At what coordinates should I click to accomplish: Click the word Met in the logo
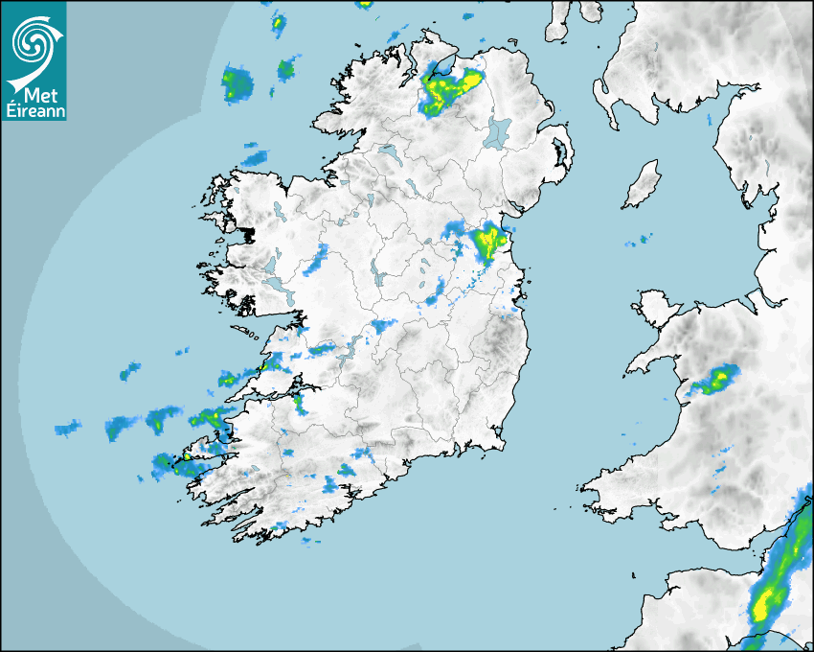point(39,95)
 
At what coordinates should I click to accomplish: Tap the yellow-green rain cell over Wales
point(717,380)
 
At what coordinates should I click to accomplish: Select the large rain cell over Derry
point(448,89)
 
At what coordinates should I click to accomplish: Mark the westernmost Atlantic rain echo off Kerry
point(67,427)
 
